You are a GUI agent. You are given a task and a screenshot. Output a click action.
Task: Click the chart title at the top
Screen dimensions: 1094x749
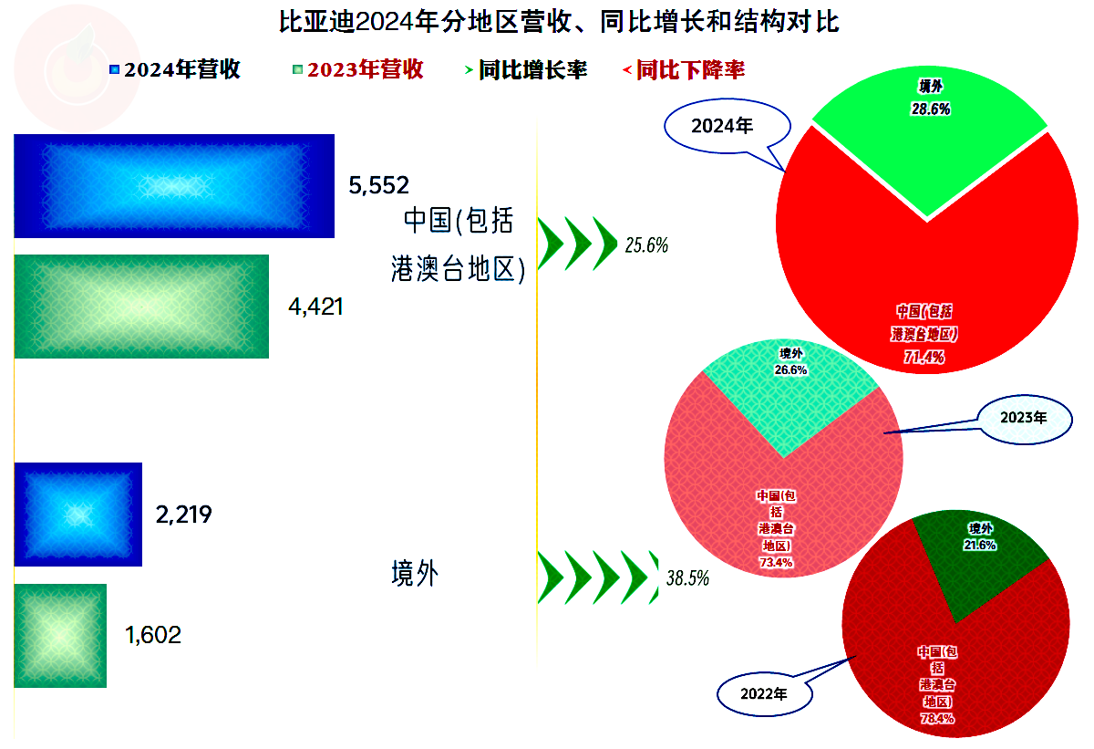[559, 22]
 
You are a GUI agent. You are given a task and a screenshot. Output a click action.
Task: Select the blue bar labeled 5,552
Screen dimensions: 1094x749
[174, 186]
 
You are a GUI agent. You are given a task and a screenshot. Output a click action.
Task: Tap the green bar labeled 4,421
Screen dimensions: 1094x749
[141, 307]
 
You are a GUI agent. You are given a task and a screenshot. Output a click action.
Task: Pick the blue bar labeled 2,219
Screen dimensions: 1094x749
[78, 515]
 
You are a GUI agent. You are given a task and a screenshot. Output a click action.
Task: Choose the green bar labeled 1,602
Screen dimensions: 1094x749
[60, 636]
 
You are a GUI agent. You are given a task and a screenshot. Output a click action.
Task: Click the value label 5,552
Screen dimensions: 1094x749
[378, 186]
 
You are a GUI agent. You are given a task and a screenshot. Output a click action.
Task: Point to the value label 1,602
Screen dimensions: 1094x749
[153, 635]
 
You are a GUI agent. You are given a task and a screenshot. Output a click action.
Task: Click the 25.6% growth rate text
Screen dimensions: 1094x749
[646, 244]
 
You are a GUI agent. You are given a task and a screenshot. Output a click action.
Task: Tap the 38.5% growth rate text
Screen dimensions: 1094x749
[687, 578]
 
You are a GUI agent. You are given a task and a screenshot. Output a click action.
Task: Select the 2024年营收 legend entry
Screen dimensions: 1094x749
[175, 69]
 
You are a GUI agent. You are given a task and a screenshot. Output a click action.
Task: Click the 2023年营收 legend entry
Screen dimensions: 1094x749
[358, 69]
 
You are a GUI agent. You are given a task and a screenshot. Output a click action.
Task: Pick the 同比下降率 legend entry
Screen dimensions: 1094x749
[684, 70]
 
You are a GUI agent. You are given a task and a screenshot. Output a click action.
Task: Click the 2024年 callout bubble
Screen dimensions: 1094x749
[727, 126]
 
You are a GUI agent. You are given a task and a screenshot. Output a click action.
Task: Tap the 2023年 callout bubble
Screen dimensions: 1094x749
[1025, 419]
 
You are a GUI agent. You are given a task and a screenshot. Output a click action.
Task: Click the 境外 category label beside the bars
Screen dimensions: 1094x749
[415, 573]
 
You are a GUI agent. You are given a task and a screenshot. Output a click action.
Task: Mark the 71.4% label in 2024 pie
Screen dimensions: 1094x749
[924, 357]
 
